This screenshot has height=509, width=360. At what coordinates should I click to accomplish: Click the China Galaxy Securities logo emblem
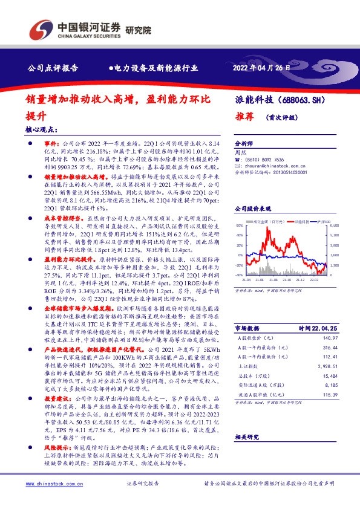(x=40, y=29)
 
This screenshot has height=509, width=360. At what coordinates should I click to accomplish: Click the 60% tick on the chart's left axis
(x=239, y=224)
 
